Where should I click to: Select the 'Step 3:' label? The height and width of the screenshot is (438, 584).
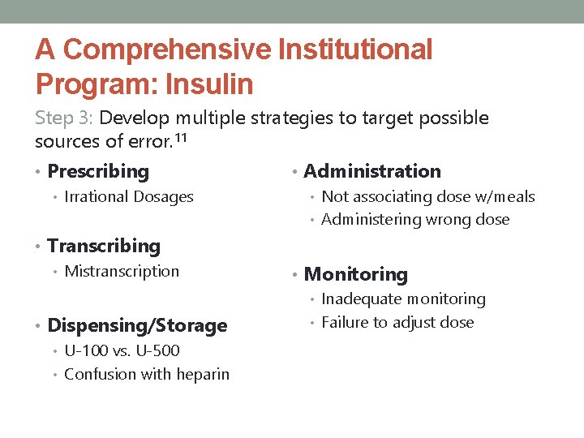click(x=65, y=118)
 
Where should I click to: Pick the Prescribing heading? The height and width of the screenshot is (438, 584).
click(x=98, y=171)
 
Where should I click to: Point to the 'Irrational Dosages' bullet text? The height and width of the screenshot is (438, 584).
click(x=129, y=196)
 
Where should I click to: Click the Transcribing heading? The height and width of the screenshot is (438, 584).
click(x=104, y=246)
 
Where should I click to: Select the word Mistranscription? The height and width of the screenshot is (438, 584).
click(x=122, y=271)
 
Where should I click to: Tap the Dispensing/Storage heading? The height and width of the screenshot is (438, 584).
click(x=137, y=325)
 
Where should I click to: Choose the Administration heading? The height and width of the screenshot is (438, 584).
click(x=372, y=171)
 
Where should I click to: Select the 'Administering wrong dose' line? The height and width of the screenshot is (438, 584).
click(x=415, y=219)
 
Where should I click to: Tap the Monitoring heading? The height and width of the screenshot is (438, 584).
click(x=355, y=275)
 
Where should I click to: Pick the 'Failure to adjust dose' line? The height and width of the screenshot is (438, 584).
click(x=397, y=322)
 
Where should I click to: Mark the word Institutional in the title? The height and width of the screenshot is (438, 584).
click(x=355, y=50)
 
